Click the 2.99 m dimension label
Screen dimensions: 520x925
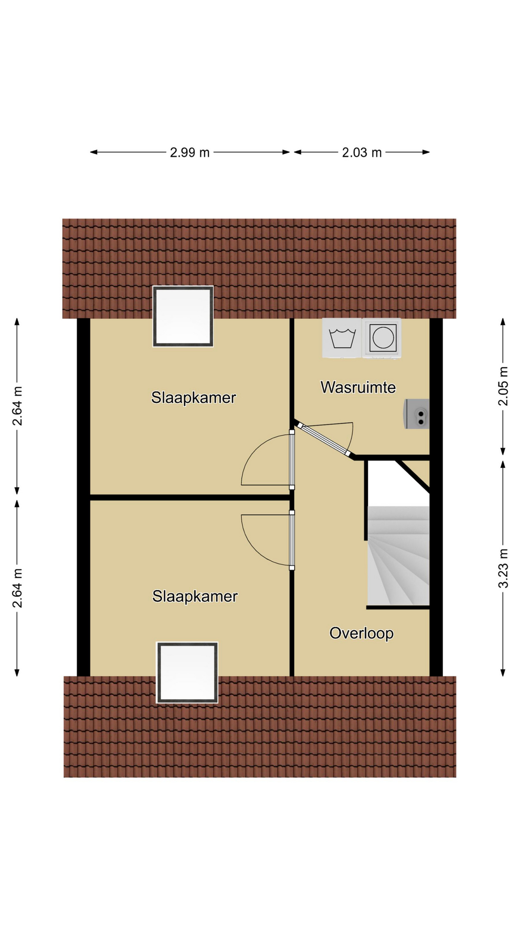point(190,153)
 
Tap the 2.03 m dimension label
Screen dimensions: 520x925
point(362,153)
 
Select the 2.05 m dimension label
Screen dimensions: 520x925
point(503,386)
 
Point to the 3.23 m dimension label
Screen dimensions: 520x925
point(503,568)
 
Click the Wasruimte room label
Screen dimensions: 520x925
point(358,387)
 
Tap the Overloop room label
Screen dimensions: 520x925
point(362,633)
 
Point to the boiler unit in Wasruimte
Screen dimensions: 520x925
point(417,414)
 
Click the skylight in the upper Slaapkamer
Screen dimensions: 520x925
point(183,317)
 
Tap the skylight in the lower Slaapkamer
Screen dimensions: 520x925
point(187,673)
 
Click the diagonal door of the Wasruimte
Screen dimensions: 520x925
point(324,439)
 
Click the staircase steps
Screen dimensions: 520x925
point(398,555)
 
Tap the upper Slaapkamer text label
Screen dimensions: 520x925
point(194,398)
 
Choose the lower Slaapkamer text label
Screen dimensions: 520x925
point(195,596)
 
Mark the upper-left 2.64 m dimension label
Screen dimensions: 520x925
point(17,406)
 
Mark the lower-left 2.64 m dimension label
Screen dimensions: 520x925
point(17,588)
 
